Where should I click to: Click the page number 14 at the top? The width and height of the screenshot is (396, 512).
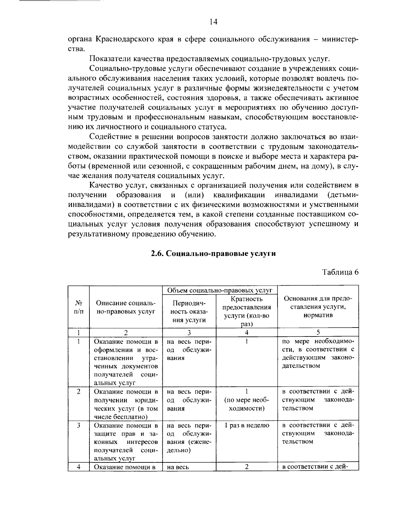pos(213,22)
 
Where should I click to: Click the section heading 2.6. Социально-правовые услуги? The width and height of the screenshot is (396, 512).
pos(213,254)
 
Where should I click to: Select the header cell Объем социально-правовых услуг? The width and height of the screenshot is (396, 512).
pos(220,290)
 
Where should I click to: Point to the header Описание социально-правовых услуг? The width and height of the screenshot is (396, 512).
pos(125,307)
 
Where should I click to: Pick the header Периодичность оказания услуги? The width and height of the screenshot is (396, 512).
pos(189,311)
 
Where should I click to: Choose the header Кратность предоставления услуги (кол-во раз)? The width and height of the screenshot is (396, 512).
pos(247,311)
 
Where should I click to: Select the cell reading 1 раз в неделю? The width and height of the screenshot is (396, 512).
pos(247,425)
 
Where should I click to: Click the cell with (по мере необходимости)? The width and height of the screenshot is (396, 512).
pos(247,404)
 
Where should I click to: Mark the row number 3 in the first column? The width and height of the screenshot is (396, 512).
pos(79,425)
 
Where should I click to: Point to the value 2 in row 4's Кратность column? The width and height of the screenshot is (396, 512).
pos(247,466)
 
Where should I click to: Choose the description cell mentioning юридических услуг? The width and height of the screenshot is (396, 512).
pos(126,404)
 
